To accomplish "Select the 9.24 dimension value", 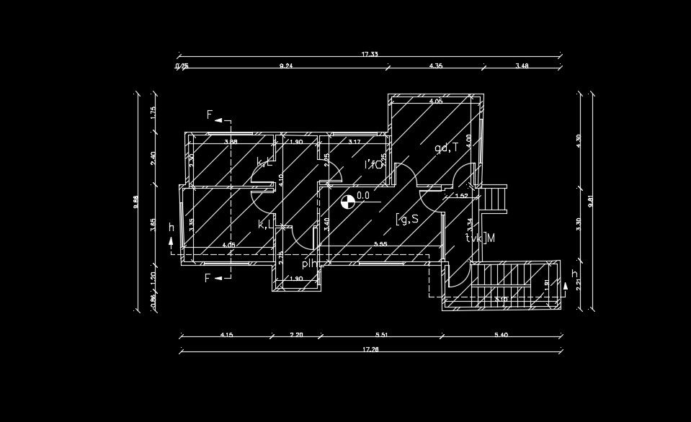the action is (x=286, y=66).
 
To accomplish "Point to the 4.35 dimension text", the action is (x=435, y=66).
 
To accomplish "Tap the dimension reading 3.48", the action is (x=522, y=66).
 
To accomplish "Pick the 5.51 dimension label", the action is (x=381, y=334).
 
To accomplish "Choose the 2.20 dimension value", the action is (x=297, y=334).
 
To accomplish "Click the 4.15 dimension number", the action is (x=226, y=334).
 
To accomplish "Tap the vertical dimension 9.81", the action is (x=591, y=202).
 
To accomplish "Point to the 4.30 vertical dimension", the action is (x=578, y=140).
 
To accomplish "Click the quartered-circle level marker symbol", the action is (x=347, y=202).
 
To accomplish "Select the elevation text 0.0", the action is (x=363, y=195).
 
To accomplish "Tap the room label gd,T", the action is (x=446, y=148).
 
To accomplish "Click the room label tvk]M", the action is (x=480, y=238).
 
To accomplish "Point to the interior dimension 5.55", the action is (x=381, y=245).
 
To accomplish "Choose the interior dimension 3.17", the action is (x=354, y=142).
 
